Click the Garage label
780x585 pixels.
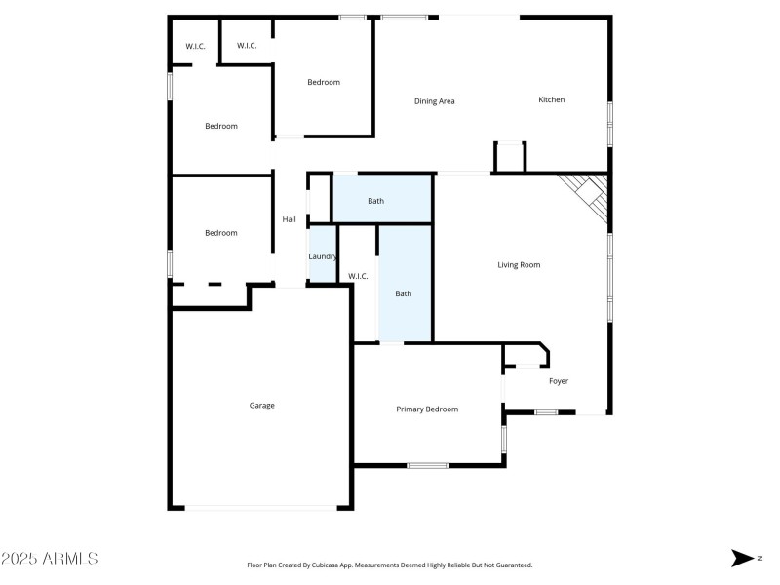click(x=261, y=405)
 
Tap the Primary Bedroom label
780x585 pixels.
click(x=427, y=409)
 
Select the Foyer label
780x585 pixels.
click(x=559, y=381)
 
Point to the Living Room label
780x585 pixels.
click(x=519, y=265)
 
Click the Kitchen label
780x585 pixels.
click(x=552, y=100)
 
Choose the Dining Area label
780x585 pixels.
click(x=435, y=101)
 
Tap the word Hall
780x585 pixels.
click(x=290, y=219)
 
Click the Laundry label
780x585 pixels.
click(x=323, y=256)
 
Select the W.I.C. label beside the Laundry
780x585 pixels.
click(x=358, y=277)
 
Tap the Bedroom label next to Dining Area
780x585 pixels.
click(x=324, y=82)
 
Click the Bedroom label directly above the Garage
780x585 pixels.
click(x=220, y=233)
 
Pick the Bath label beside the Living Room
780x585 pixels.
click(x=404, y=293)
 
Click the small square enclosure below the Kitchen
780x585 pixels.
click(x=510, y=157)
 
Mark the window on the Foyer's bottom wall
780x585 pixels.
click(x=546, y=412)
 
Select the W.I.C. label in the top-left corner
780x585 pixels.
click(x=195, y=46)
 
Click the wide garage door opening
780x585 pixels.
click(x=260, y=507)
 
